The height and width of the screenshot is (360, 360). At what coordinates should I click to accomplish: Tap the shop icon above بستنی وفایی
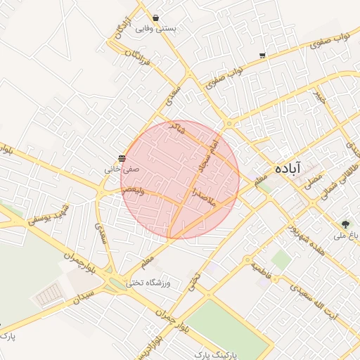(155, 18)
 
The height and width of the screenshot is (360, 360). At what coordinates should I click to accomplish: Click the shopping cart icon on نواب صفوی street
(262, 55)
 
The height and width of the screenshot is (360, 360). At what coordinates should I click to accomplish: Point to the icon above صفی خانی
(122, 158)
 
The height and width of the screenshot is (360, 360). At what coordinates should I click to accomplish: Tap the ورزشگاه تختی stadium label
(149, 283)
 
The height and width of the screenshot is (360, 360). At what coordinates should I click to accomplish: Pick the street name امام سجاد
(211, 156)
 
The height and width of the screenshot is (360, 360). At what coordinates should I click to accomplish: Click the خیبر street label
(320, 98)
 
